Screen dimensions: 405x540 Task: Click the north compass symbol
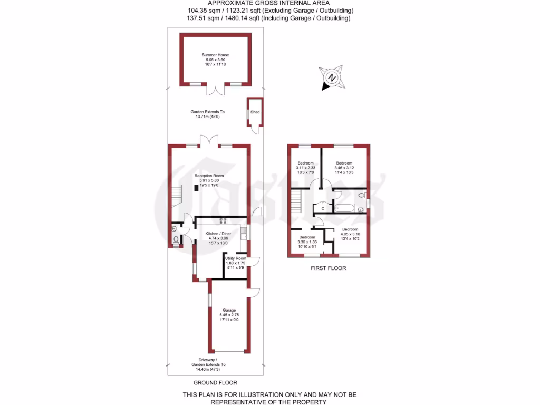click(332, 78)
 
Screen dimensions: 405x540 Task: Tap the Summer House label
click(215, 55)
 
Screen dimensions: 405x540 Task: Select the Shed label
click(255, 112)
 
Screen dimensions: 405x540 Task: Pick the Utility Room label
click(235, 258)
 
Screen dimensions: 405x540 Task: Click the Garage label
click(228, 310)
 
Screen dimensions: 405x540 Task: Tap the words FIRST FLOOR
click(328, 268)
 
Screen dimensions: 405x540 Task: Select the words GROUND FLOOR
click(215, 383)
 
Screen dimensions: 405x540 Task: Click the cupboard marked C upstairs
click(322, 208)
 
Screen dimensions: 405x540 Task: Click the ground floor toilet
click(176, 241)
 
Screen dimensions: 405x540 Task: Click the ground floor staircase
click(176, 196)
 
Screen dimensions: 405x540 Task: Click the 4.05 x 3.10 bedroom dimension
click(350, 235)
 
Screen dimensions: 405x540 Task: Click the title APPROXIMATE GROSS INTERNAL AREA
click(269, 3)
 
